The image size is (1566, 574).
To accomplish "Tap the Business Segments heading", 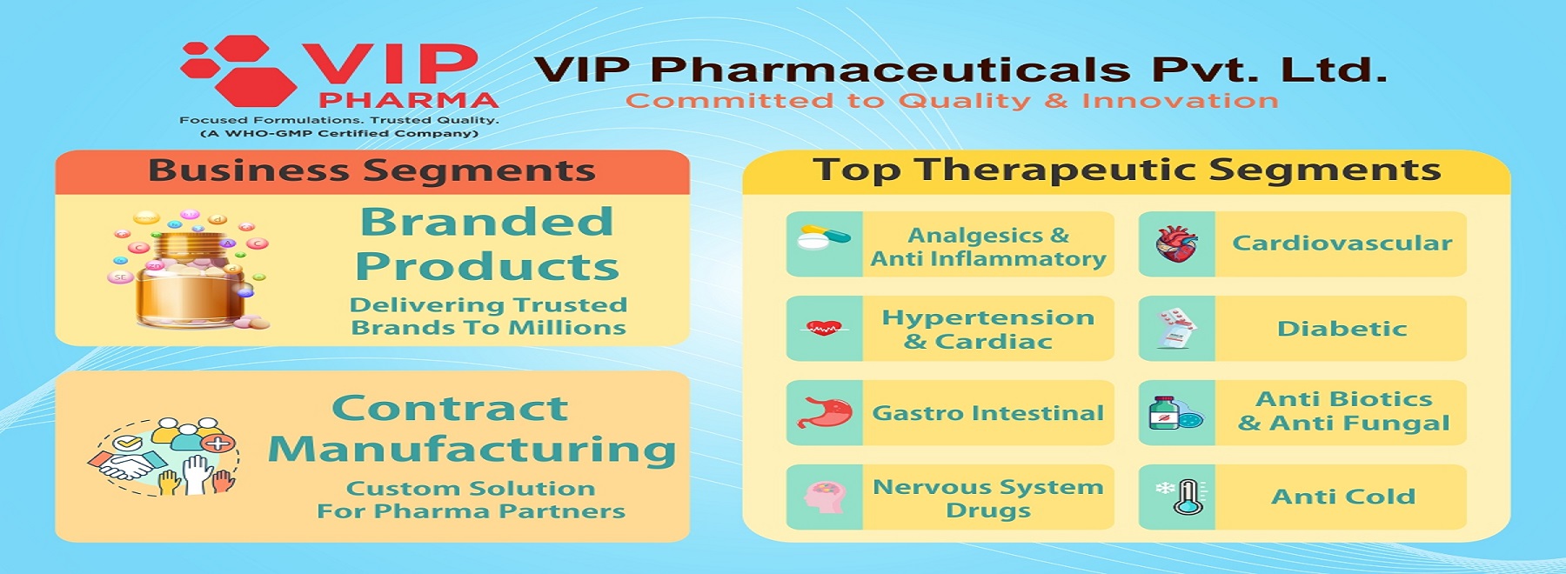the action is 371,170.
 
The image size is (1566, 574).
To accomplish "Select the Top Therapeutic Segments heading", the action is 1127,170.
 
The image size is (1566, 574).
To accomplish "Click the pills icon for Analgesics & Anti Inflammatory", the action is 825,238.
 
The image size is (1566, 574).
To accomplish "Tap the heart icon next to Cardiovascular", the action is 1176,244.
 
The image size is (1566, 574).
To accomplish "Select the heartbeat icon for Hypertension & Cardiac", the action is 823,328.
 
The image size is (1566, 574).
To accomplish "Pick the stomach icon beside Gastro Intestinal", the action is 823,414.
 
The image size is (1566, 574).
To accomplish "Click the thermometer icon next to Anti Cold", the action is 1181,497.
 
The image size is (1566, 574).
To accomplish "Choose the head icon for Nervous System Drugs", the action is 825,497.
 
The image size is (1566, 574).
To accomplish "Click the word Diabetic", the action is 1342,329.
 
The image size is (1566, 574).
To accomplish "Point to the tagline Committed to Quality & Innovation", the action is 953,101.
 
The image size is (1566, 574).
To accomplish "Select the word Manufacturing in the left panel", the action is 472,450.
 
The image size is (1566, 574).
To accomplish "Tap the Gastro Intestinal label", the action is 988,413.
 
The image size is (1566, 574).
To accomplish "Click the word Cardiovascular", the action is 1342,243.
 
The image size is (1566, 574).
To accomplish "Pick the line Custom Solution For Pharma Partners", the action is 471,500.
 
